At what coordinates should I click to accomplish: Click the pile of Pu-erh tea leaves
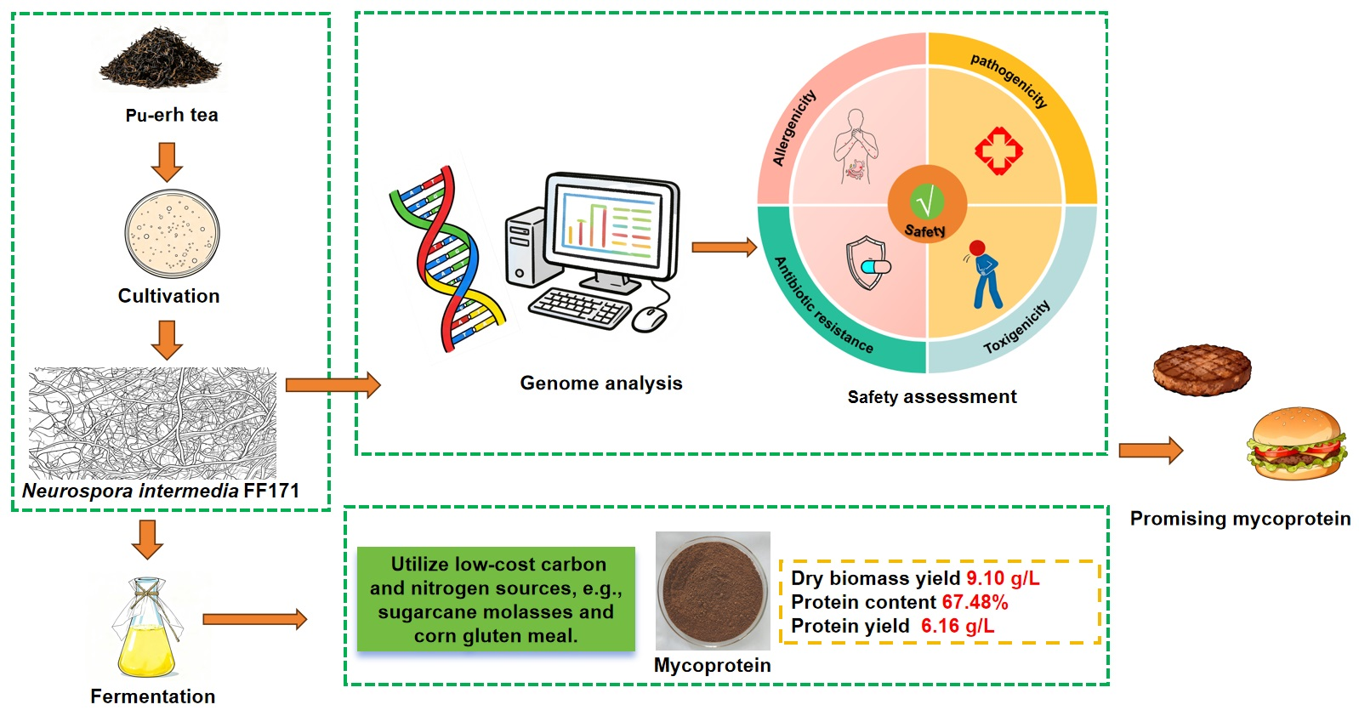161,60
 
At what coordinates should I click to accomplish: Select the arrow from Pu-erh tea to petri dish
167,162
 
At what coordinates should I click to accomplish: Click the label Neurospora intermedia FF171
161,491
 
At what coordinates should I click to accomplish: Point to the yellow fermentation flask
147,629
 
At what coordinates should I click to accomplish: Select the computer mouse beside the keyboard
650,319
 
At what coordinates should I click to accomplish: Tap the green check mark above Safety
927,202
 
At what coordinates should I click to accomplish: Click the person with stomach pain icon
985,274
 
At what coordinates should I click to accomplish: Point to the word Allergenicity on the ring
793,128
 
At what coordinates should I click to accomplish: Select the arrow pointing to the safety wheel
724,247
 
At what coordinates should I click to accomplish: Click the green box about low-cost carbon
496,600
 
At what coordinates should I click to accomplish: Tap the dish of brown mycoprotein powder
713,590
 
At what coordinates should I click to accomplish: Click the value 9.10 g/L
1003,578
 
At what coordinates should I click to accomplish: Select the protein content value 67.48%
975,602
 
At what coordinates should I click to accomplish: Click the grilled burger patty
1202,370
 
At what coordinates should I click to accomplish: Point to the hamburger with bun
1296,444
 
